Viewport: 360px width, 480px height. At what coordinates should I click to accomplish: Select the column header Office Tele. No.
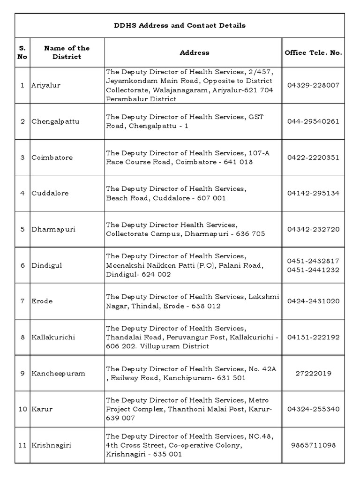click(x=313, y=52)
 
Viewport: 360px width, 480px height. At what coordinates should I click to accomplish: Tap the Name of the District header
click(x=67, y=52)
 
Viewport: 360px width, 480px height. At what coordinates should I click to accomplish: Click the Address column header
click(x=194, y=52)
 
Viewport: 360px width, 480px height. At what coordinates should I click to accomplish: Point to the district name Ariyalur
click(x=46, y=85)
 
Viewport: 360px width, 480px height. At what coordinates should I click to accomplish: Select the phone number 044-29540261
click(x=313, y=121)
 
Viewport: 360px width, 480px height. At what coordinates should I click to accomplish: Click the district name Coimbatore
click(x=52, y=157)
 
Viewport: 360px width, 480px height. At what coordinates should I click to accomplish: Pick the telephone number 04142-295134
click(x=313, y=193)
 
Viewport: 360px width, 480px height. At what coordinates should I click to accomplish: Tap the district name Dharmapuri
click(x=53, y=230)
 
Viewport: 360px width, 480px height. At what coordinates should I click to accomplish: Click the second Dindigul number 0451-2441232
click(x=313, y=270)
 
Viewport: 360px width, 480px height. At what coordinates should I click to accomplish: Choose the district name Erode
click(x=42, y=301)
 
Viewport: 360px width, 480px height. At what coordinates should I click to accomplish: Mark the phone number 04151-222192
click(x=313, y=337)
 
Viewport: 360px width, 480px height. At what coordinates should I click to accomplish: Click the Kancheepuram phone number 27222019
click(x=313, y=373)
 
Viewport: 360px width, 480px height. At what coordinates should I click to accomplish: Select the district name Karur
click(x=42, y=409)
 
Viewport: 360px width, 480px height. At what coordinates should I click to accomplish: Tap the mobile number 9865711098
click(x=313, y=445)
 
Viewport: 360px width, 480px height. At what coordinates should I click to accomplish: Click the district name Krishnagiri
click(x=51, y=445)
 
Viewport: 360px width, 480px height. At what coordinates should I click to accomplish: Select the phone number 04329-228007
click(x=313, y=85)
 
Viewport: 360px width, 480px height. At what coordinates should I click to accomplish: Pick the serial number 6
click(x=22, y=265)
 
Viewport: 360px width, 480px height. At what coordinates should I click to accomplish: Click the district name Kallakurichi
click(x=53, y=337)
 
